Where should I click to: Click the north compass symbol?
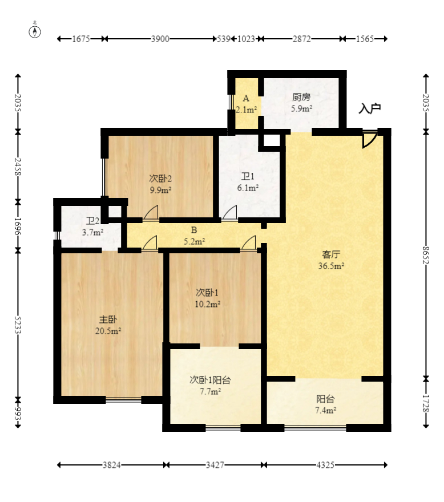(35, 31)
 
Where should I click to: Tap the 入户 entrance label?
(370, 108)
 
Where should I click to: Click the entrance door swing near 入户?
(369, 139)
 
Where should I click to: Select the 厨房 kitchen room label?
(301, 97)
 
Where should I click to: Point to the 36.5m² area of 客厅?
(331, 266)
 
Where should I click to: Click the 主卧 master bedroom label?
(108, 319)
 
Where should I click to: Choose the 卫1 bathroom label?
(248, 176)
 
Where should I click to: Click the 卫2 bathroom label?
(92, 221)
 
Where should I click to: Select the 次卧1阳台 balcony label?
(210, 380)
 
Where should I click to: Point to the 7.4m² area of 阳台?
(325, 410)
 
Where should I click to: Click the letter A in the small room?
(246, 98)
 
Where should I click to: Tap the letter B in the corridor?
(194, 230)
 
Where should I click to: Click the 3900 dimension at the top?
(160, 39)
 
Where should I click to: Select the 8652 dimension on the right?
(426, 255)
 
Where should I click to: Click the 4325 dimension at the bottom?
(325, 465)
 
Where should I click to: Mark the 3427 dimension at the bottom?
(215, 465)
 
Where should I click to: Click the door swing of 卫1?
(229, 213)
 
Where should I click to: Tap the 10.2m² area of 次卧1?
(208, 304)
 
